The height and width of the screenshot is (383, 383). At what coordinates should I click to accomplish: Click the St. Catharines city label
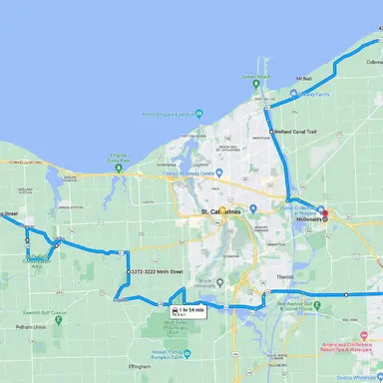220,212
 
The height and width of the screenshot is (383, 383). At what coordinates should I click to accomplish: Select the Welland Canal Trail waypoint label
294,132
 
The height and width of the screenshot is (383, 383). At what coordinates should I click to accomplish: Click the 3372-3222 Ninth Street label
157,271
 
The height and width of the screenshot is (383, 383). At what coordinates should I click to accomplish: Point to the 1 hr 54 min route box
189,312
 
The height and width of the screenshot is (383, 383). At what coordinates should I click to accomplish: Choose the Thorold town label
284,276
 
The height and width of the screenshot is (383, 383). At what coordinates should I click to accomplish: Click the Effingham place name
139,367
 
